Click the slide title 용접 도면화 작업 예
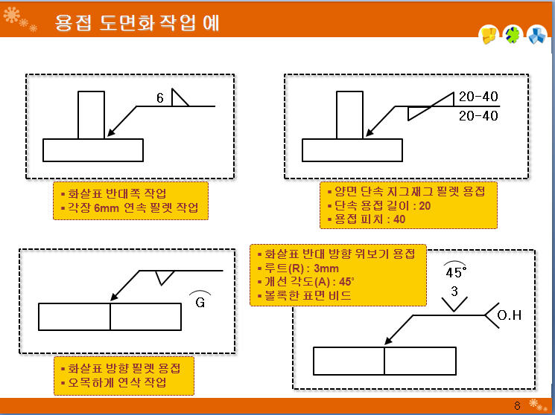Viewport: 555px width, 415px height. (x=137, y=23)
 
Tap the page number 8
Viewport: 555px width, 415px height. (x=517, y=405)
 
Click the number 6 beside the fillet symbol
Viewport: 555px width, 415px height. (x=160, y=98)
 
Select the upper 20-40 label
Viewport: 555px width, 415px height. (x=478, y=96)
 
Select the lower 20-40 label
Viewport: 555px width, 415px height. (x=478, y=115)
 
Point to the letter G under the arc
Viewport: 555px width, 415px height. (x=200, y=303)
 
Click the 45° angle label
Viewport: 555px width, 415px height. (x=456, y=272)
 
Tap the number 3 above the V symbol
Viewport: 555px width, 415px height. (x=454, y=292)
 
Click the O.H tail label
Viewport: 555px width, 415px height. (x=510, y=315)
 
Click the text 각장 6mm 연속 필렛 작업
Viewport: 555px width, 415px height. (x=133, y=207)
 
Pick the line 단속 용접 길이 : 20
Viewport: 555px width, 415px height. (x=383, y=205)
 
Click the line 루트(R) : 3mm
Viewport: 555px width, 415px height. (x=302, y=268)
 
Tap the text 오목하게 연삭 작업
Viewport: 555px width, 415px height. (x=117, y=382)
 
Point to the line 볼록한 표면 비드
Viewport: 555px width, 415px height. (x=308, y=295)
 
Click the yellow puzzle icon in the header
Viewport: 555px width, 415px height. (x=489, y=35)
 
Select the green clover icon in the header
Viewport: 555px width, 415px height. (x=513, y=35)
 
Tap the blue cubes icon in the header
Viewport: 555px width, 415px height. (x=537, y=35)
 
